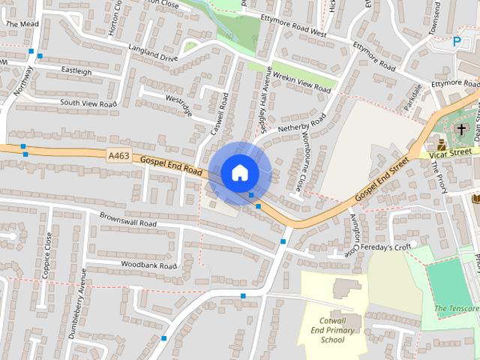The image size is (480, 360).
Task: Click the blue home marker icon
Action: pos(239,172)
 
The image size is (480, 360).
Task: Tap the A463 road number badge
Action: pos(118,155)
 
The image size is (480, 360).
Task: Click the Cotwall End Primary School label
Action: pos(332,329)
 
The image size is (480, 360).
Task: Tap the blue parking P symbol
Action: pos(457,43)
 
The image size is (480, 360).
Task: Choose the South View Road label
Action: pos(88,103)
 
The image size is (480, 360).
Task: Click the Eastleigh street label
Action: pos(76,72)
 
